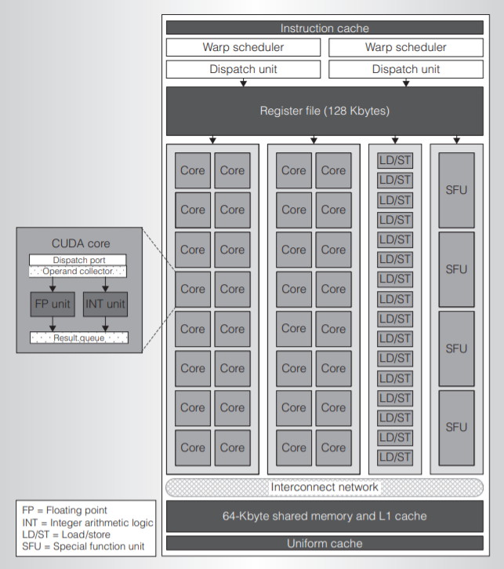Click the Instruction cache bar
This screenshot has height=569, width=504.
point(325,28)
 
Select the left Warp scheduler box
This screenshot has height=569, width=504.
point(243,48)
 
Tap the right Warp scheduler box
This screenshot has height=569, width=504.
point(405,48)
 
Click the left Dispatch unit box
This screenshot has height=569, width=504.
point(243,69)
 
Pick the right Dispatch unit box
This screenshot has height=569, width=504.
point(405,69)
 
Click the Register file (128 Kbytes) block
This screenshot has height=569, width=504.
point(325,111)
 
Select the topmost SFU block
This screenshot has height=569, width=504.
point(455,189)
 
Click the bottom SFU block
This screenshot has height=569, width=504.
point(455,427)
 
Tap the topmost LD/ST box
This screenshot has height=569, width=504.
point(395,160)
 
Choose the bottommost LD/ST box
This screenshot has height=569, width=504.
point(395,457)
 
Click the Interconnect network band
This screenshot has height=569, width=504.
point(325,487)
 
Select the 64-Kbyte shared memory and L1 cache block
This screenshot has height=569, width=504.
point(325,516)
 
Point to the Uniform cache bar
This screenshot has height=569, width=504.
point(325,543)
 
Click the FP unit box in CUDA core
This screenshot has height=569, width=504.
point(53,303)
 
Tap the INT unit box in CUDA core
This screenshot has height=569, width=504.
point(105,303)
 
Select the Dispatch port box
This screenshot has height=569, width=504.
point(78,260)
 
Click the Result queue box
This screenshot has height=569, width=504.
point(78,337)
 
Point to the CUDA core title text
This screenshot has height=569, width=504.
point(81,243)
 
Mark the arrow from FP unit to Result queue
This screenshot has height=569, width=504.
point(53,324)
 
